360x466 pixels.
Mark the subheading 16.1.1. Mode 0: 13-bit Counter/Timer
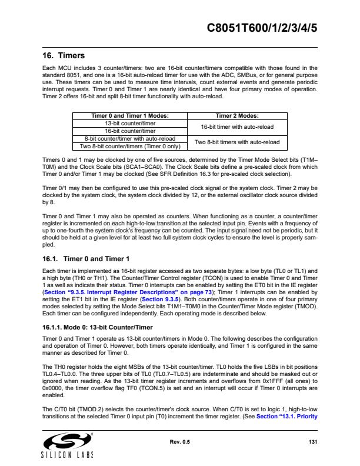point(97,327)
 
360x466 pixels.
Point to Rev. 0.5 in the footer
point(180,442)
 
